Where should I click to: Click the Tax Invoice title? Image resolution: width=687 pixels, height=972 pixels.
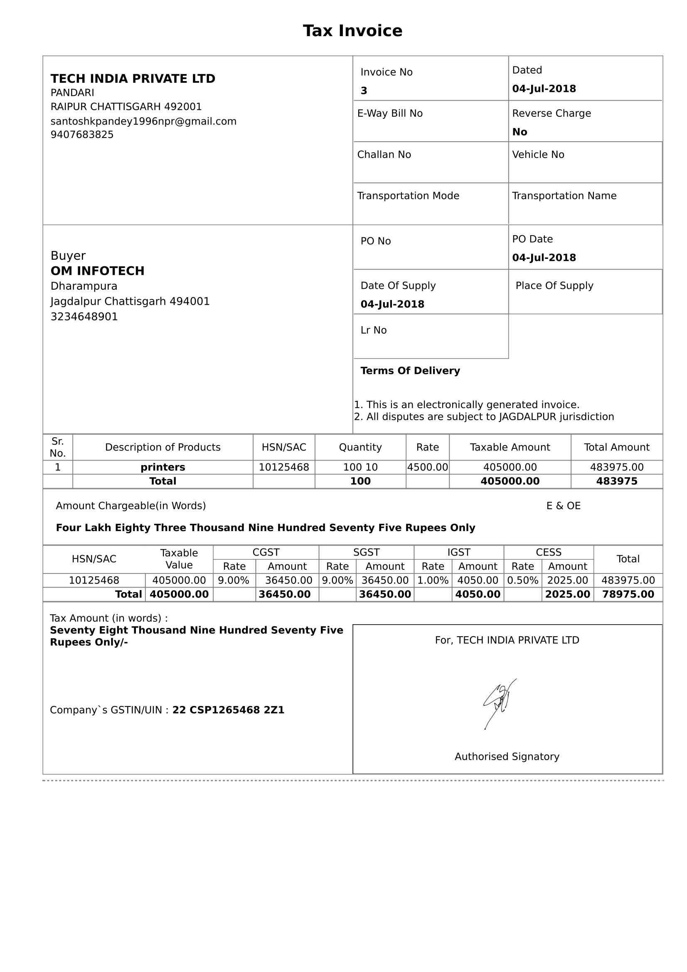tap(352, 31)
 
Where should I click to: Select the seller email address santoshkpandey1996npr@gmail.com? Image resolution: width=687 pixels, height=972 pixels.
tap(143, 121)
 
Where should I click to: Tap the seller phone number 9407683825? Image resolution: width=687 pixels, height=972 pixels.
tap(82, 135)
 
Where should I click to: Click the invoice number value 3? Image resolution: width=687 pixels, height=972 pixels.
tap(364, 91)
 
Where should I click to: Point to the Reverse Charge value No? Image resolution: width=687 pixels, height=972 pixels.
tap(520, 132)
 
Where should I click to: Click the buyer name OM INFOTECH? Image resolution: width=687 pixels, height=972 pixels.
tap(97, 271)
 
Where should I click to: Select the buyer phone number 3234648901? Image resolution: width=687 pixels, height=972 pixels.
tap(84, 317)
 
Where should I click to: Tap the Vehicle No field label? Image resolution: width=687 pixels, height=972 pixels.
tap(538, 155)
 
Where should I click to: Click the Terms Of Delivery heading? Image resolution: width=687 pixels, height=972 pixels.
tap(410, 371)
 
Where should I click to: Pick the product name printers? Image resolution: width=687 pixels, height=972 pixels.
tap(163, 468)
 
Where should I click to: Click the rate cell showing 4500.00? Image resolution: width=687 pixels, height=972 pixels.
tap(427, 468)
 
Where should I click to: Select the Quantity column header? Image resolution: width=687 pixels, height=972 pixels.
tap(360, 448)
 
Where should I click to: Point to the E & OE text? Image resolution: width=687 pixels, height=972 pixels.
tap(564, 506)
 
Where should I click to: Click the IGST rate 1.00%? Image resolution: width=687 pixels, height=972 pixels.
tap(433, 581)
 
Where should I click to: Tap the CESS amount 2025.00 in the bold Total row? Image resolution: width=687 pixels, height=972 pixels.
tap(567, 594)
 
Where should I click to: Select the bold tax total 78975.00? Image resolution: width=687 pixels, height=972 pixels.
tap(628, 594)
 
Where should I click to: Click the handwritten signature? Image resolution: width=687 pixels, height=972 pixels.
tap(499, 703)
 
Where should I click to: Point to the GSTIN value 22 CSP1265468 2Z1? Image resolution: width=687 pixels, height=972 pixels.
tap(228, 710)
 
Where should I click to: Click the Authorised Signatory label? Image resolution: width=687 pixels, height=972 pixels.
tap(507, 756)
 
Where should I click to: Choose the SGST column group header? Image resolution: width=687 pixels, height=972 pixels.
tap(366, 552)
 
